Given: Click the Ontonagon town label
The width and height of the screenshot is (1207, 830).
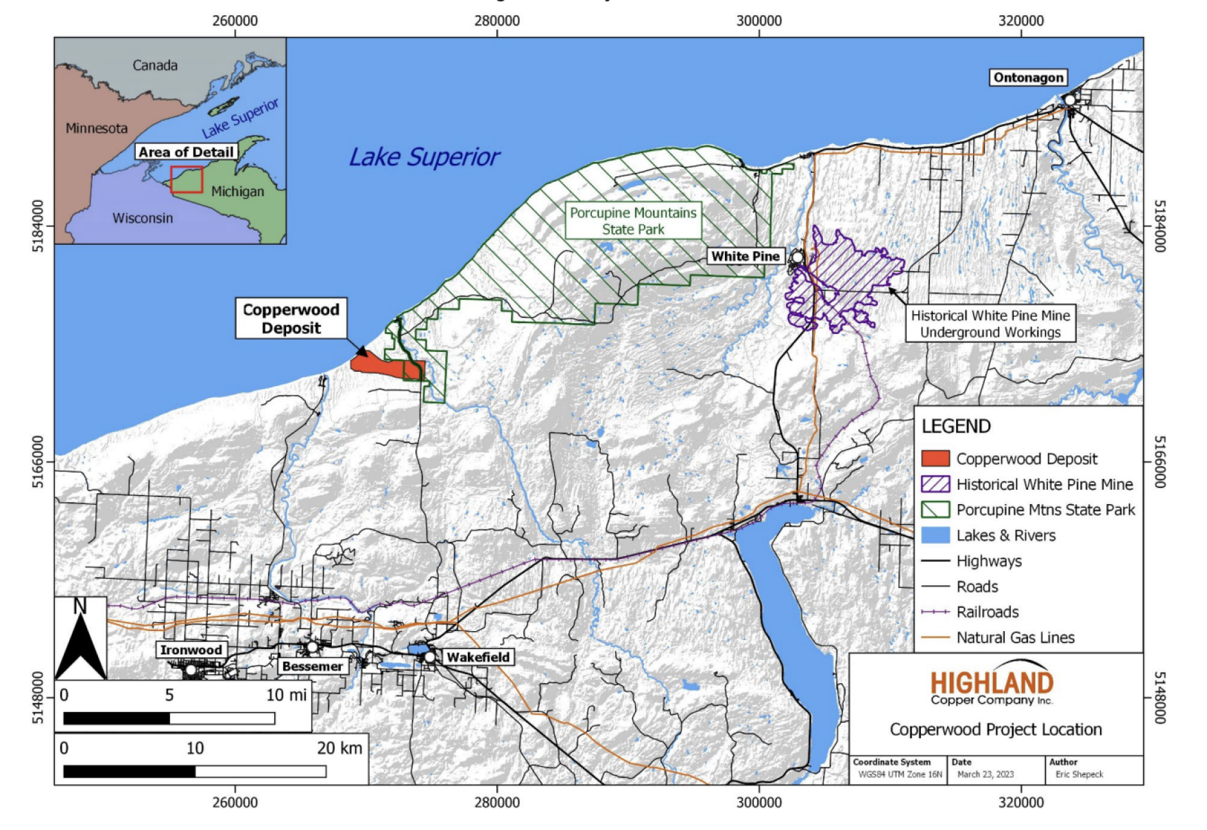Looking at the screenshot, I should click(1027, 78).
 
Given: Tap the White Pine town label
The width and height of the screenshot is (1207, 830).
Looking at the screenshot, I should click(745, 256).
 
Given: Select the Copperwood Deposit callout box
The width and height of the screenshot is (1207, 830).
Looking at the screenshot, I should click(291, 318).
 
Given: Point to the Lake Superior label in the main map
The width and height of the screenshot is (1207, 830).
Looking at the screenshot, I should click(424, 157).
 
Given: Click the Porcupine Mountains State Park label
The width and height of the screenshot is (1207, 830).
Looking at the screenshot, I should click(633, 221).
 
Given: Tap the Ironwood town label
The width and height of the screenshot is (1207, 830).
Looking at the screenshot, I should click(191, 650).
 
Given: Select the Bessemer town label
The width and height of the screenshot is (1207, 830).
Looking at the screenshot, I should click(312, 666).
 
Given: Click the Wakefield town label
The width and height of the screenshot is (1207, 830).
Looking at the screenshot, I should click(478, 657).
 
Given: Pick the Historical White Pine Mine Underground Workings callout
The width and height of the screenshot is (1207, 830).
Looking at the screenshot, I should click(990, 324).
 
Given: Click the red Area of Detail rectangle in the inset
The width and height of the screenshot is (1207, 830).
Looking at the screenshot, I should click(187, 180).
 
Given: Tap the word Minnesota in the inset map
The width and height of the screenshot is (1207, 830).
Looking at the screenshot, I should click(97, 128).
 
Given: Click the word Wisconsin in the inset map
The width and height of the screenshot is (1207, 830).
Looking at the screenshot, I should click(143, 218).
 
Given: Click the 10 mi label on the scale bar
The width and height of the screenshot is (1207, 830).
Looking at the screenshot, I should click(286, 695).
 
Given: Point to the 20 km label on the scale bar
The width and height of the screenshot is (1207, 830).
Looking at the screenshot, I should click(339, 748).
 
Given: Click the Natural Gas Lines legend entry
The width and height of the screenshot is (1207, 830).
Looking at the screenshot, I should click(1015, 637).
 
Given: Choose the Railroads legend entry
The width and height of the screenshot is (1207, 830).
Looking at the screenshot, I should click(987, 612).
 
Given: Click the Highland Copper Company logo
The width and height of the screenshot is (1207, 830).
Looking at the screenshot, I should click(992, 685).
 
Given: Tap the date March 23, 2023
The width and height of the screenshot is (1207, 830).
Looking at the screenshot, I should click(985, 774).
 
